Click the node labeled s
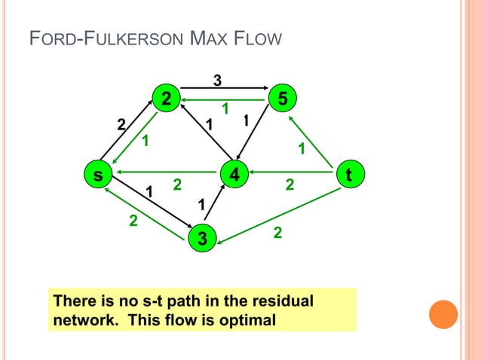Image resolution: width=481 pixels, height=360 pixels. (97, 175)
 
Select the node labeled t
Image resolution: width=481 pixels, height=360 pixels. (348, 175)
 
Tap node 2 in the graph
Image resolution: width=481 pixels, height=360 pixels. (165, 98)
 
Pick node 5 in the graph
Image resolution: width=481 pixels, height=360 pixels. (282, 98)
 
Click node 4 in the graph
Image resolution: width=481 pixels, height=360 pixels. (235, 175)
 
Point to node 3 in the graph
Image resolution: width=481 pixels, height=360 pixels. (200, 239)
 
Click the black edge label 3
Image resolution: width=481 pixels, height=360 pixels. (217, 79)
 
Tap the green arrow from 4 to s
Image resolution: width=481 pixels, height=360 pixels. (166, 175)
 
